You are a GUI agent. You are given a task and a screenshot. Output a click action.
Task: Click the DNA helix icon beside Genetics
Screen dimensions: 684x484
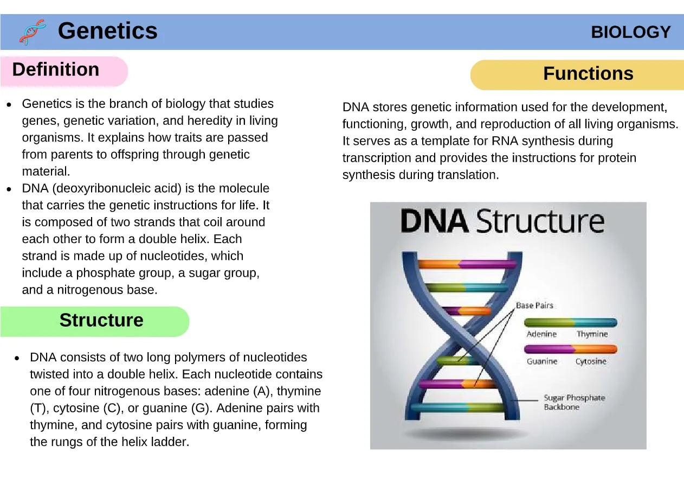[33, 32]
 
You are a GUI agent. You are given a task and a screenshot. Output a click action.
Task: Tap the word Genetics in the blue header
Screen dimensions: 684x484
[108, 31]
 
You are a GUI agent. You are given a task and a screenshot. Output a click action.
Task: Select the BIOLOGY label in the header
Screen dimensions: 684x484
[630, 32]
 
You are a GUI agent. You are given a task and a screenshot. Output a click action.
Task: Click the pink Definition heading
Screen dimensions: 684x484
[56, 69]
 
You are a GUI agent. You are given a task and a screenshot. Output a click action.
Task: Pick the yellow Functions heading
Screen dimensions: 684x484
[588, 73]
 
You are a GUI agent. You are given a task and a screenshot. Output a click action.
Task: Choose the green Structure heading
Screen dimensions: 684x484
[101, 320]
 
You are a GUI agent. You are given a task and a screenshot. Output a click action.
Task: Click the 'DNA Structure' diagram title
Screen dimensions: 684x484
[502, 221]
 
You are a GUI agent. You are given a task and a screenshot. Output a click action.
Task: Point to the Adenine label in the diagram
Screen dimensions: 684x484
[541, 334]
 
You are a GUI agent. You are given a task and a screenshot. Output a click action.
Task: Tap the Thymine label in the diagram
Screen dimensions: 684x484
[592, 334]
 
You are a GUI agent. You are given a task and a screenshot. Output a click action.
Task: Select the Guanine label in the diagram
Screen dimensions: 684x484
[542, 361]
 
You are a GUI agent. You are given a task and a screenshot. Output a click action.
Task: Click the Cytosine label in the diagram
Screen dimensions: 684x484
[591, 362]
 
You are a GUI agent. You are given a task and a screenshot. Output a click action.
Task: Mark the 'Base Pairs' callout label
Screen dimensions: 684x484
[534, 305]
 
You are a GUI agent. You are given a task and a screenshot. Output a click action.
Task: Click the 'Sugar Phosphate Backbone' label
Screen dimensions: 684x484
[574, 403]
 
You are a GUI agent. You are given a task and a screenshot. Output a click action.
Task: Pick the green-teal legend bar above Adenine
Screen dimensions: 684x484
[570, 322]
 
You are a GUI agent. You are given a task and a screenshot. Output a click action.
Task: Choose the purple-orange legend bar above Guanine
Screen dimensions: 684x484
[570, 349]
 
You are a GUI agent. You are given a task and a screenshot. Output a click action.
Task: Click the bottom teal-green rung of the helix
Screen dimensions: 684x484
[458, 407]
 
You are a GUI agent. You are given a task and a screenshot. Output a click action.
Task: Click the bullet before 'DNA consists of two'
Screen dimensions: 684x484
[17, 358]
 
